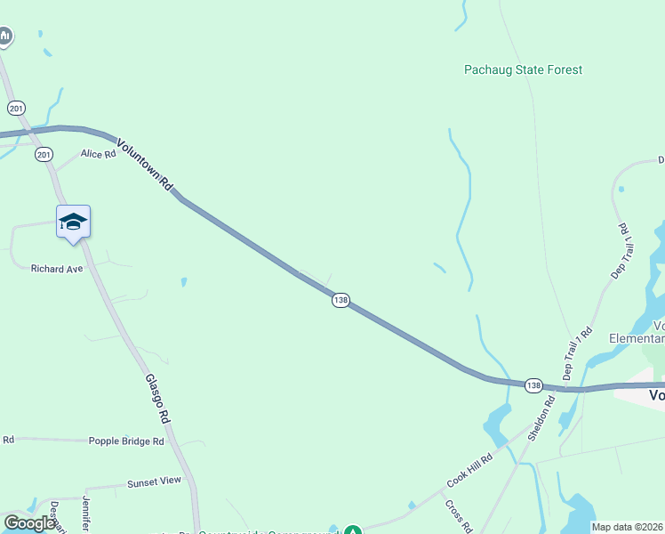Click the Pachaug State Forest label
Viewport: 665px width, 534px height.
[523, 69]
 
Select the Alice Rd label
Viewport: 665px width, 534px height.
[98, 154]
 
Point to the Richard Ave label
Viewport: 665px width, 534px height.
[56, 268]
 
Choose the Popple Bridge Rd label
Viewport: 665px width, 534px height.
[126, 441]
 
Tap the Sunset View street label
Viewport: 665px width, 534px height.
[154, 481]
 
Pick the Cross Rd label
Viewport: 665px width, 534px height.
[459, 515]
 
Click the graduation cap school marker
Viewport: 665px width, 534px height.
[73, 222]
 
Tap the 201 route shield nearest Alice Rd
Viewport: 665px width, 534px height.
[44, 155]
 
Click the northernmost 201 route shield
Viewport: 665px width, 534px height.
[16, 108]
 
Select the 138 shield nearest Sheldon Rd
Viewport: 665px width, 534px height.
[533, 385]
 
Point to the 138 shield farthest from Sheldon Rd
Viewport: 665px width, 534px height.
[341, 300]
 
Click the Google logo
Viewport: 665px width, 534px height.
[29, 523]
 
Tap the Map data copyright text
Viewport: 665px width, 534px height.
[627, 527]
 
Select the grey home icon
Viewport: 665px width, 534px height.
[5, 36]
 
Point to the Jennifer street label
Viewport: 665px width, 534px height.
[87, 514]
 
